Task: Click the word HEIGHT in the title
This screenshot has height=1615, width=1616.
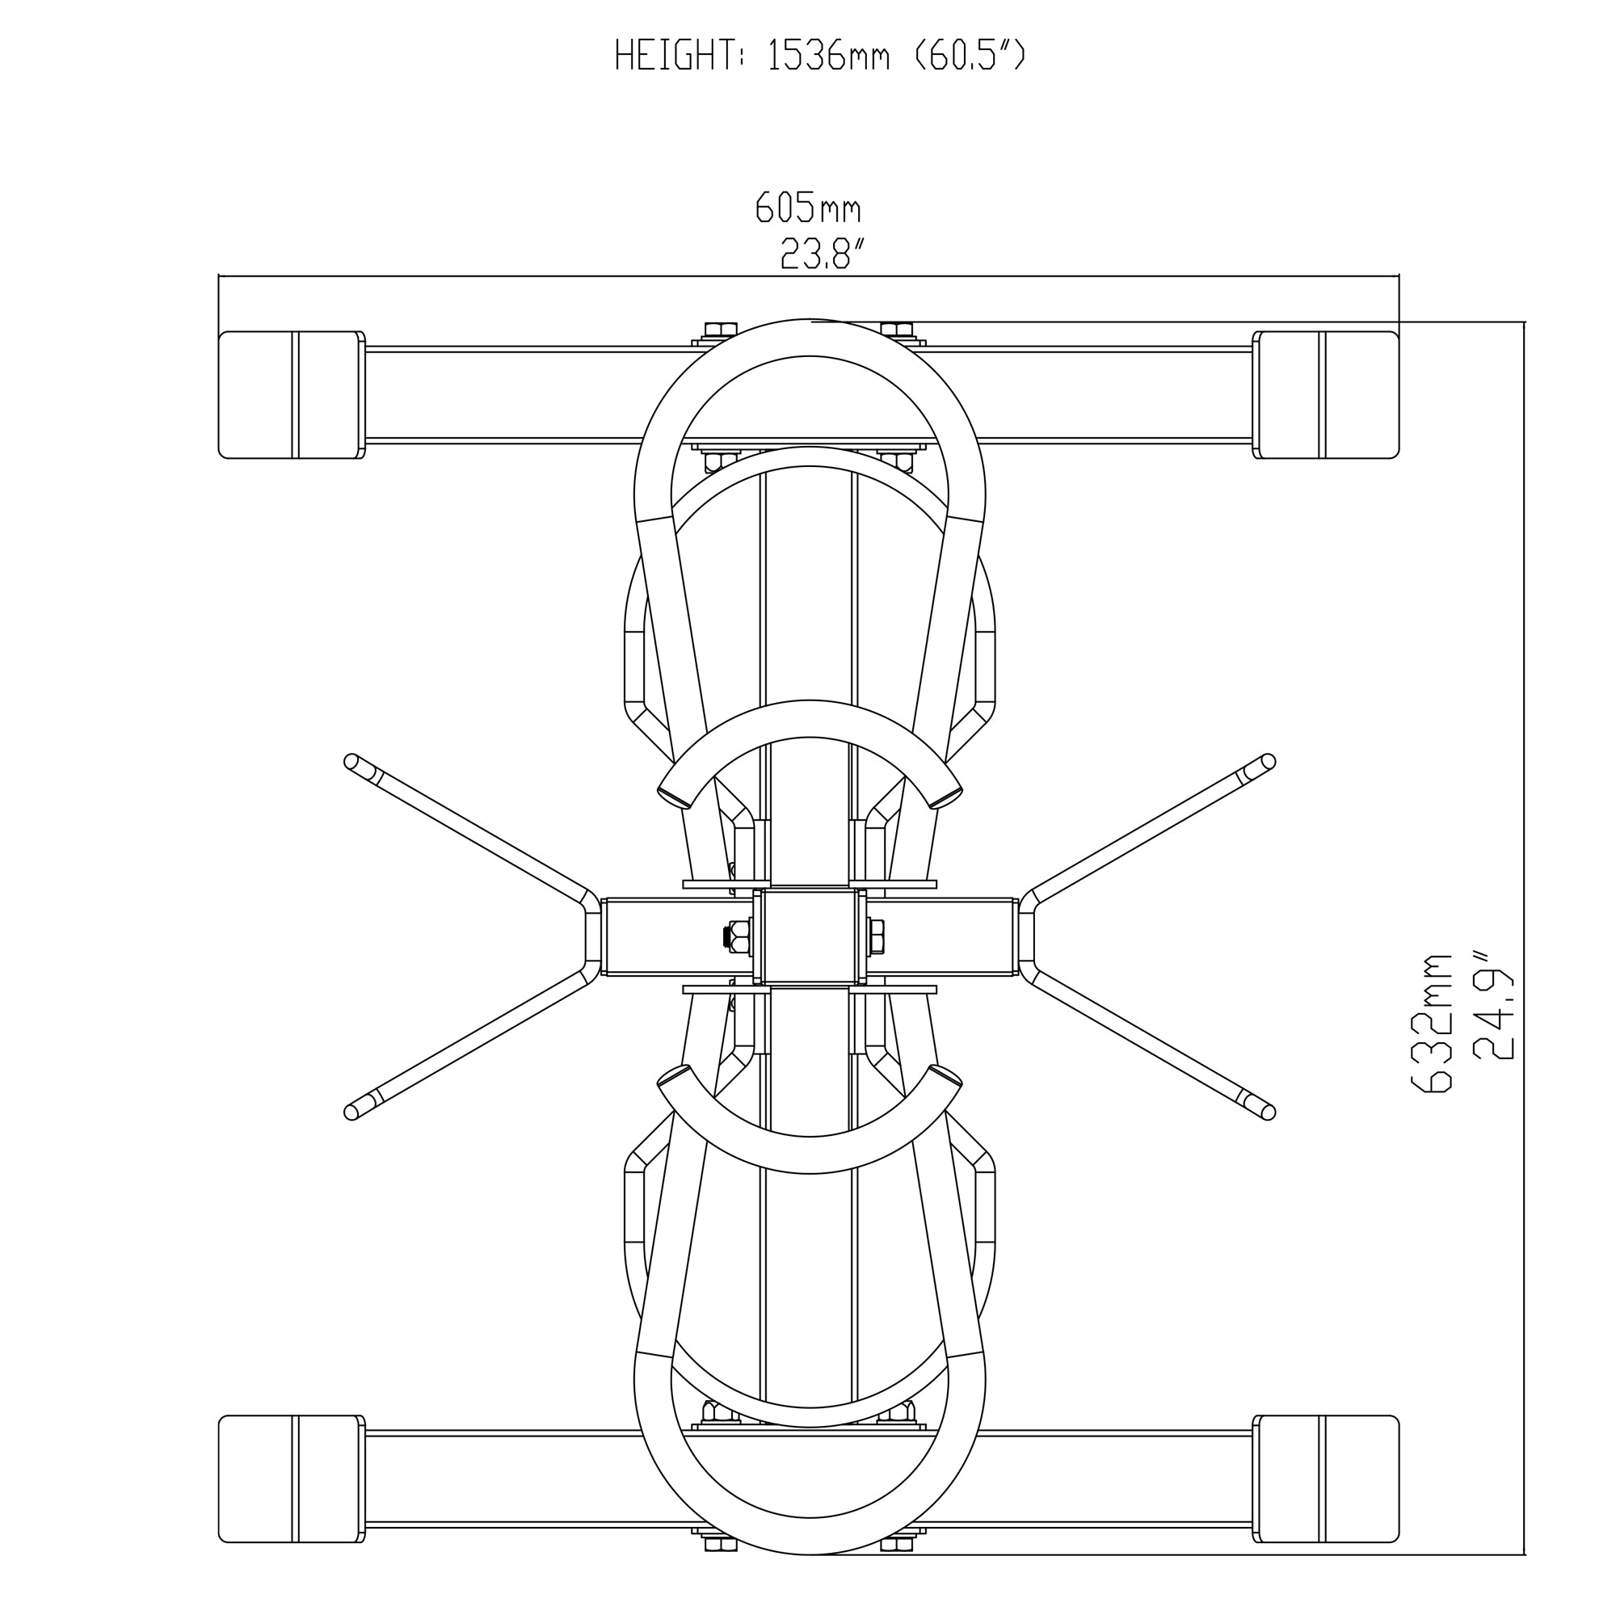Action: tap(675, 55)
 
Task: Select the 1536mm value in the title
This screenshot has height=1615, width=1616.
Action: tap(828, 55)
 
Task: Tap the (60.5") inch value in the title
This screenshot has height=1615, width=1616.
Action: tap(970, 55)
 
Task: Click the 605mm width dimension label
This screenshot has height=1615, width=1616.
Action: tap(808, 208)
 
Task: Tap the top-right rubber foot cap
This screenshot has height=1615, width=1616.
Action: tap(1328, 395)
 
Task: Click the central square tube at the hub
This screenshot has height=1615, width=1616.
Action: tap(809, 936)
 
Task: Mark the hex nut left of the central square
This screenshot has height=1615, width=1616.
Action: tap(738, 936)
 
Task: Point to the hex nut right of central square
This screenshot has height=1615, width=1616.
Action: tap(876, 936)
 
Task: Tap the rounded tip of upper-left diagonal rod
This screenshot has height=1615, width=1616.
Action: tap(352, 761)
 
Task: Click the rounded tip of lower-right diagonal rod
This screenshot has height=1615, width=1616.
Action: tap(1267, 1112)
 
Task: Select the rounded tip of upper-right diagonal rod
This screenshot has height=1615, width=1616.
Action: tap(1267, 761)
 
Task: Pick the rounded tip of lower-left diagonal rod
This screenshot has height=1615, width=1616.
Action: tap(352, 1112)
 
